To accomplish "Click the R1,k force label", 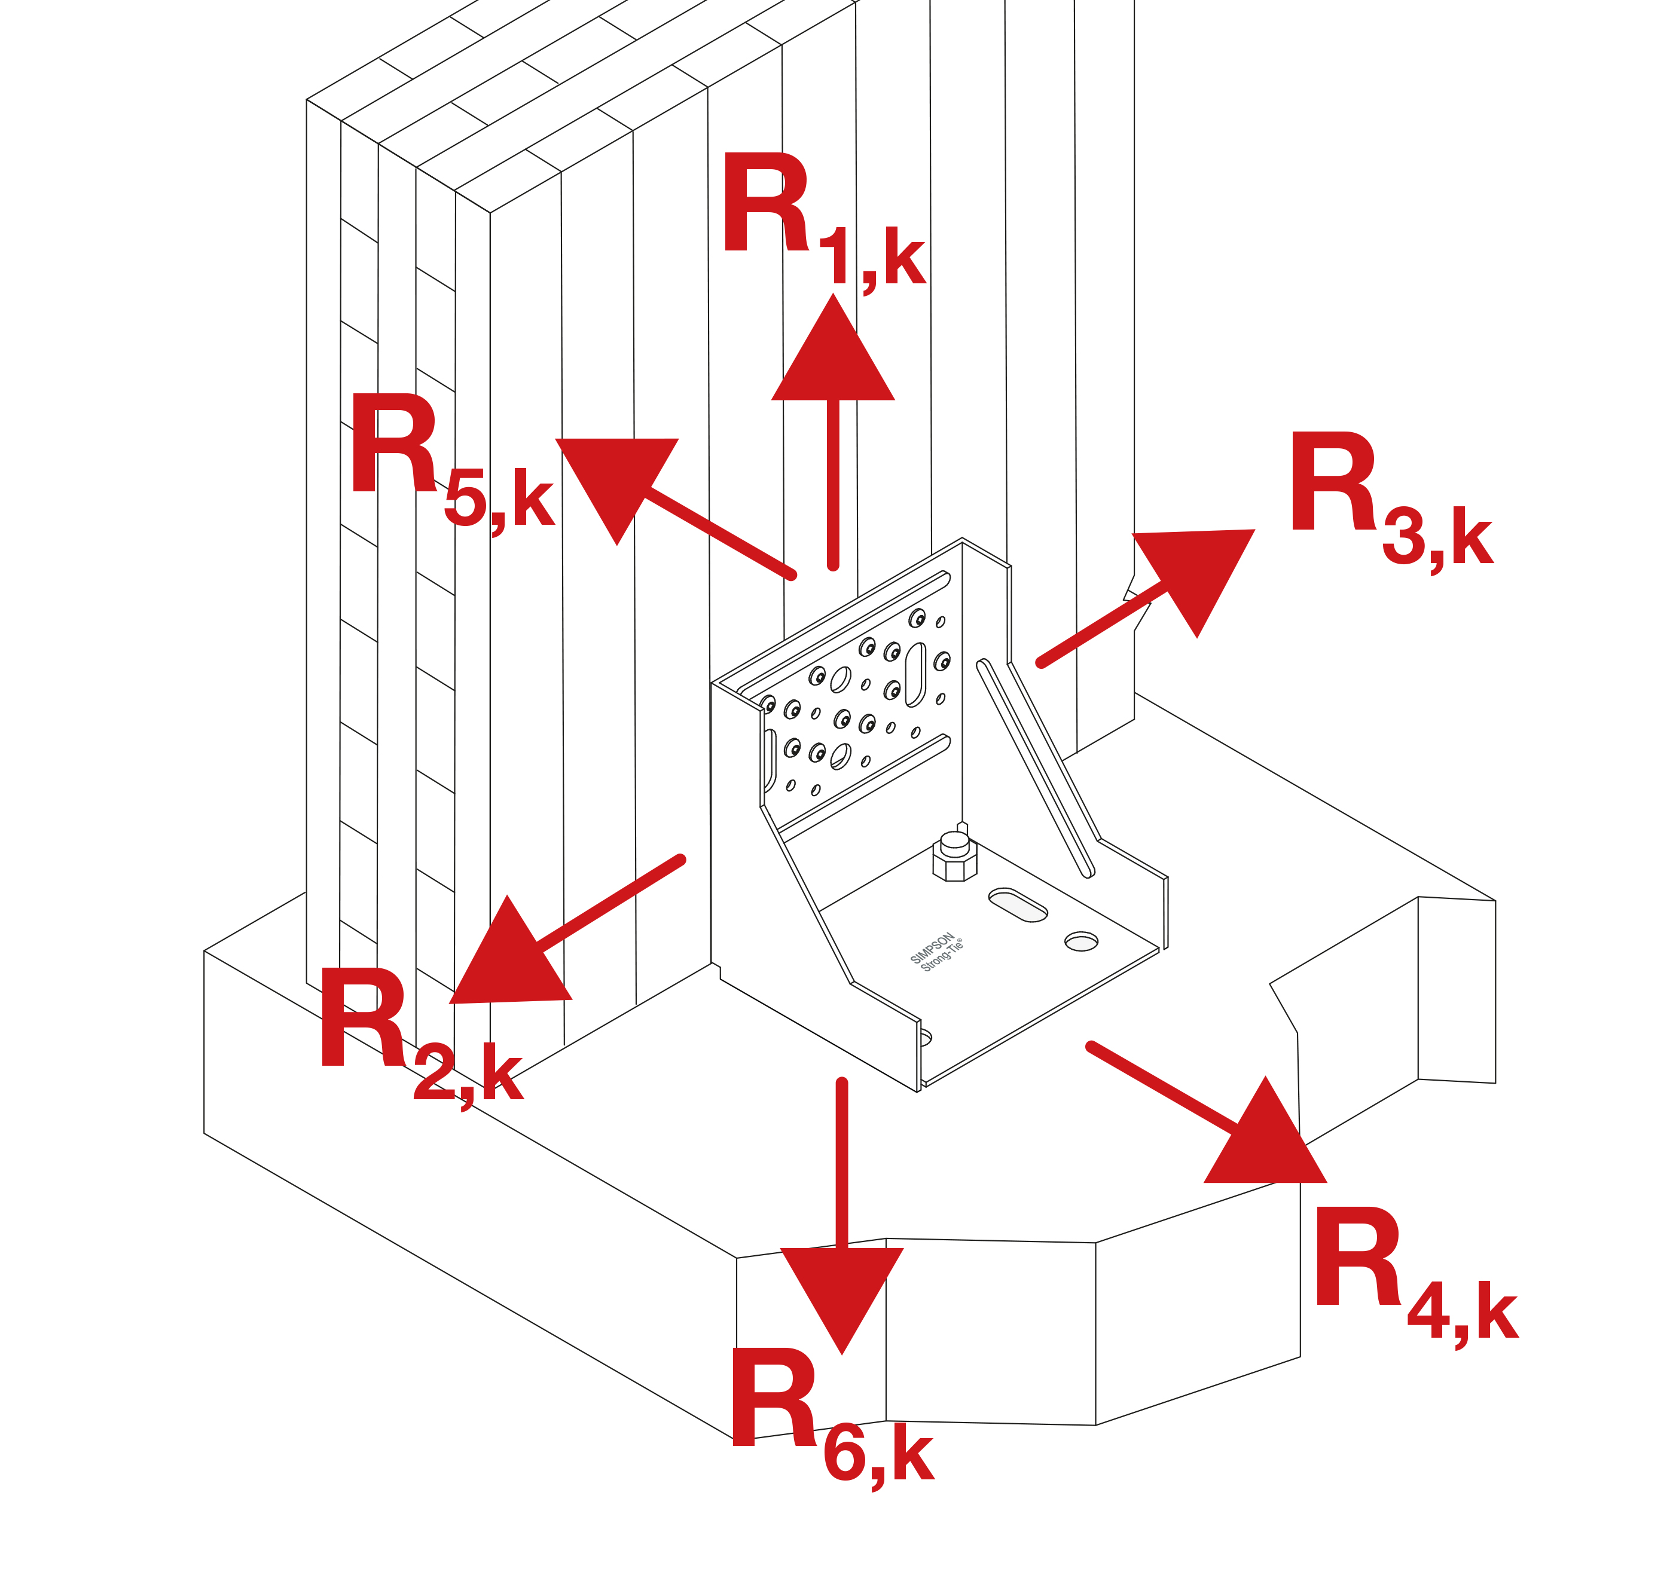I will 822,221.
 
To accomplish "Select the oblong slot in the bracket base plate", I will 1018,904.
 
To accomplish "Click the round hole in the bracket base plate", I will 1081,941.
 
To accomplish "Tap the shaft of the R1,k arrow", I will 833,481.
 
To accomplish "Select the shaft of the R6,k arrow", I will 841,1163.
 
